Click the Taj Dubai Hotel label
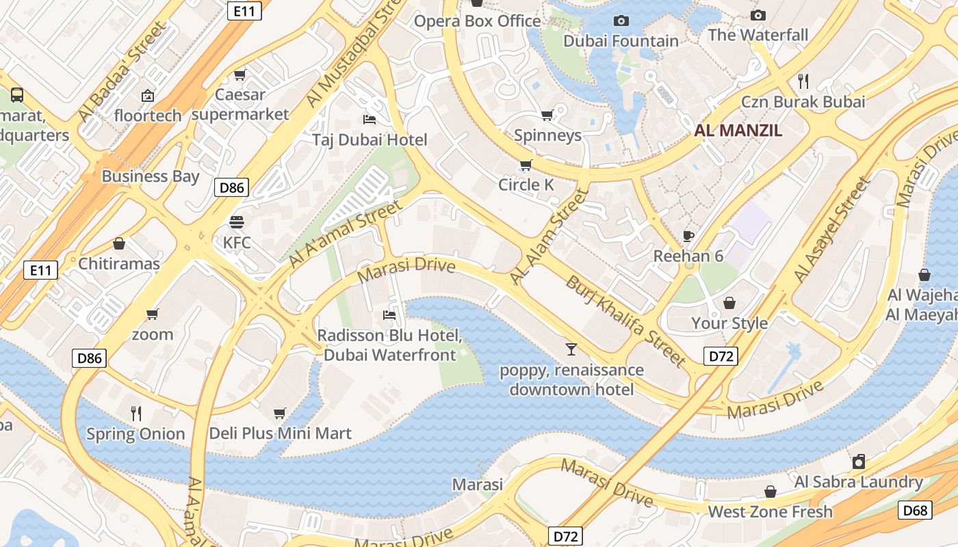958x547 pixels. (x=370, y=140)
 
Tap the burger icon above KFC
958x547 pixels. (x=237, y=222)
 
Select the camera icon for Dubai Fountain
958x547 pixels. (x=621, y=21)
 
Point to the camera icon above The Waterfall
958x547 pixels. (x=758, y=15)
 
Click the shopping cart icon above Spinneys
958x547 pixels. (x=547, y=115)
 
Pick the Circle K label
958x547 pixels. (x=526, y=185)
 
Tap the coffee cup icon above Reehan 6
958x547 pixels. (x=688, y=237)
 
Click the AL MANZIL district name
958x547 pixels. (x=738, y=131)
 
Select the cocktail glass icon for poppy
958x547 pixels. (x=571, y=349)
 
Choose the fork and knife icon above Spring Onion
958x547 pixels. (x=136, y=413)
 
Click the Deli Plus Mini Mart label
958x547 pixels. (x=280, y=433)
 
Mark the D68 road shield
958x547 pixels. (x=914, y=510)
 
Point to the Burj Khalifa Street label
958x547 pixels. (x=625, y=320)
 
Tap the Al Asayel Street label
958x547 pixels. (x=831, y=229)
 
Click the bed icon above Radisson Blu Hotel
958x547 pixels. (x=389, y=315)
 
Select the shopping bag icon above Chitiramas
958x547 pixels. (x=119, y=243)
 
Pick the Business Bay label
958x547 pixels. (x=151, y=176)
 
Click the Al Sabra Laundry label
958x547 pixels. (x=858, y=481)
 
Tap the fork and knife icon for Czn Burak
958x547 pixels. (x=803, y=81)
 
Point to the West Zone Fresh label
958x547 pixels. (x=770, y=511)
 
